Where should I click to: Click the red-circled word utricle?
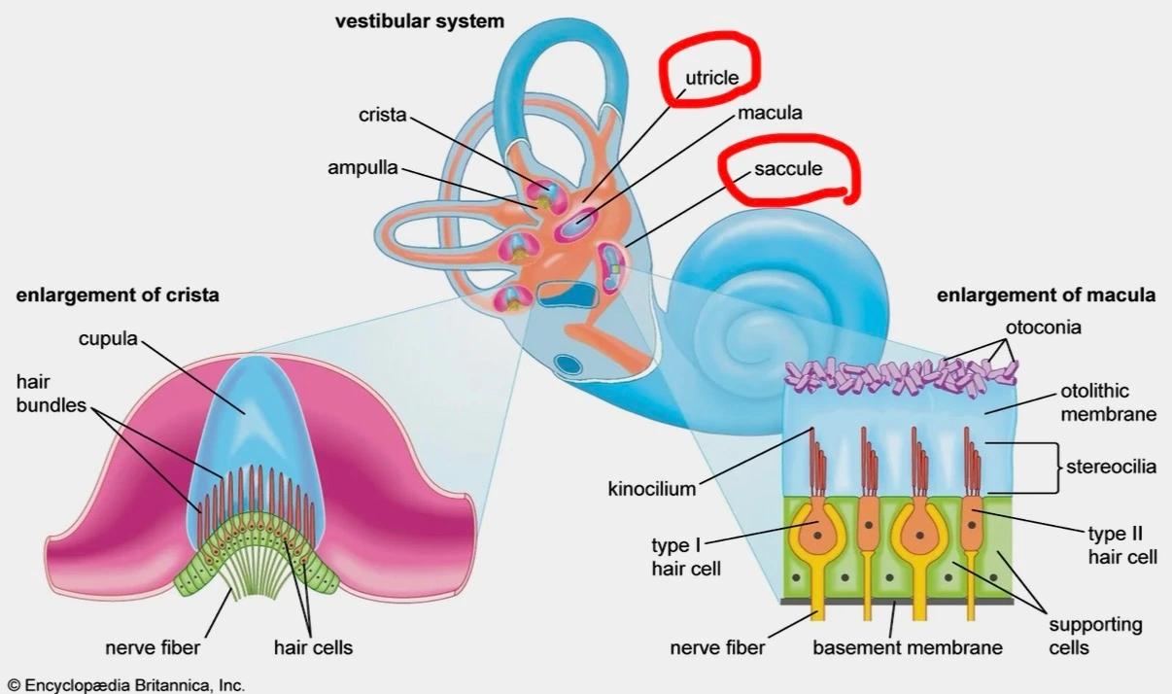click(x=712, y=77)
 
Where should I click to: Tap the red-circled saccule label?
click(x=788, y=169)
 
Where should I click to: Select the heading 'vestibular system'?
click(x=420, y=21)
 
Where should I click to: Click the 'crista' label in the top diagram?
click(x=382, y=115)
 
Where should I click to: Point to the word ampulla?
click(x=362, y=167)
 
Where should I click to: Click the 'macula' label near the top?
click(x=770, y=113)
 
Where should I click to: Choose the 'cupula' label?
click(x=108, y=338)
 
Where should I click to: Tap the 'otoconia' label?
click(x=1043, y=328)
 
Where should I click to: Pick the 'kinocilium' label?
click(x=652, y=489)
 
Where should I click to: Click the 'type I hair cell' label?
click(x=686, y=556)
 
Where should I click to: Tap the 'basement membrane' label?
click(x=908, y=647)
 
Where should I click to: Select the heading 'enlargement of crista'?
click(x=118, y=295)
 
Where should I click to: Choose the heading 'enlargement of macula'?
click(x=1046, y=295)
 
